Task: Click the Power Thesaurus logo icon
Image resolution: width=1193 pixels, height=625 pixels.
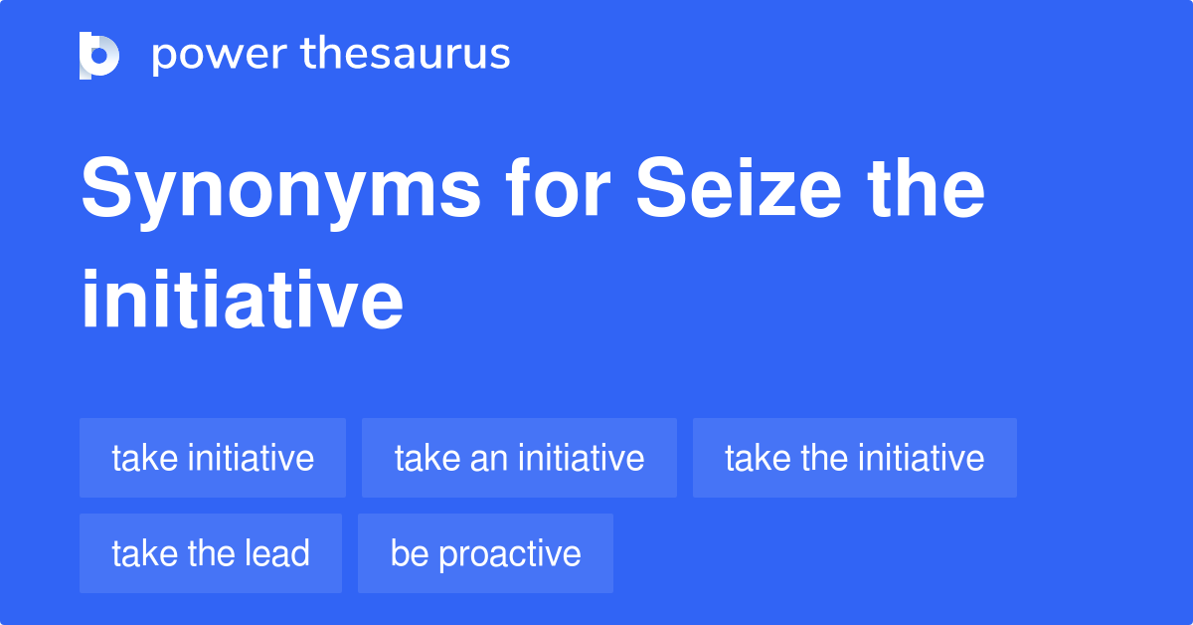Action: tap(99, 55)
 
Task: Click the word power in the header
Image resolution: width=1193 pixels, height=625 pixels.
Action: tap(217, 55)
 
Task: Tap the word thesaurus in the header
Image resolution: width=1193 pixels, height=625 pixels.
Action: tap(405, 55)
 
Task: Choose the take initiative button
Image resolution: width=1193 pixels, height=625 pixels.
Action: tap(213, 458)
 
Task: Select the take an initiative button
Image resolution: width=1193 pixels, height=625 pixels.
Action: tap(519, 458)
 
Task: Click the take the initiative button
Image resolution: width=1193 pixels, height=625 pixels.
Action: tap(854, 458)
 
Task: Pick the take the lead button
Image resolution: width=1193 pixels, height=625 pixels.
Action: tap(211, 553)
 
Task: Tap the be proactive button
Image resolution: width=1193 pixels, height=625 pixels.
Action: tap(485, 553)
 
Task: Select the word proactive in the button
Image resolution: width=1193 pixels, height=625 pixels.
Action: tap(509, 553)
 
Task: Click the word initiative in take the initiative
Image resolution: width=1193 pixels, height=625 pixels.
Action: tap(921, 458)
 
